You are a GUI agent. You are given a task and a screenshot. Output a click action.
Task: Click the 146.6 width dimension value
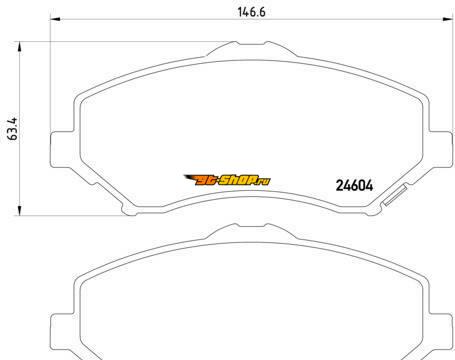(251, 12)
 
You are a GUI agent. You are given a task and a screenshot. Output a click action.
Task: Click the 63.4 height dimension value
(13, 129)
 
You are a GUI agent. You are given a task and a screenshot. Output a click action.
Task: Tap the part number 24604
(354, 186)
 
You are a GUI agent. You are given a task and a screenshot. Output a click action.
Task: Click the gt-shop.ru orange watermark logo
(228, 180)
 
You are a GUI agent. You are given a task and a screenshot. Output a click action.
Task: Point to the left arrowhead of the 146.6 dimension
(55, 19)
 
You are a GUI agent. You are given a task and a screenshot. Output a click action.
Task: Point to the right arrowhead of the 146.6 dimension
(448, 19)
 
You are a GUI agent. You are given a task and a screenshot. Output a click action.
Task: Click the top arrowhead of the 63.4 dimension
(19, 47)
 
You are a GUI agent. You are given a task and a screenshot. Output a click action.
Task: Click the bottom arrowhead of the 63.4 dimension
(19, 210)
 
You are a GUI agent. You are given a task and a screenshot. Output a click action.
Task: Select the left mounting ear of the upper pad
(62, 149)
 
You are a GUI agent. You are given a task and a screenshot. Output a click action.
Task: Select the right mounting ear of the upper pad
(441, 148)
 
